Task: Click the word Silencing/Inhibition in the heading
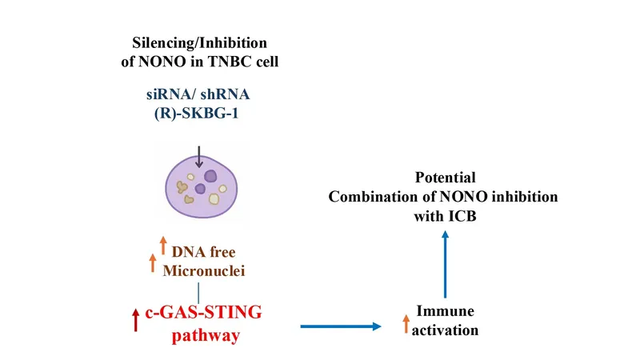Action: [x=199, y=43]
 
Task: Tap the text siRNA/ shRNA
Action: [x=198, y=94]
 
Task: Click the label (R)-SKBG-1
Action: [x=196, y=113]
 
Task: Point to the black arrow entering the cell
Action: [x=198, y=157]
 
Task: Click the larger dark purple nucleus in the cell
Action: [x=210, y=176]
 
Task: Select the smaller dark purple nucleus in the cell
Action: [x=200, y=189]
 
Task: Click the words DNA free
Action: [x=203, y=252]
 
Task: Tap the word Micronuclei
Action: [x=204, y=270]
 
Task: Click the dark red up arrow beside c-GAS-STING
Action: [x=136, y=320]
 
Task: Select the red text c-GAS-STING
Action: [x=203, y=312]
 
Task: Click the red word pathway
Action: [x=206, y=336]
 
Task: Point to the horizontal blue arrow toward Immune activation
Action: [x=341, y=326]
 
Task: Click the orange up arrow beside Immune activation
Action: [x=406, y=324]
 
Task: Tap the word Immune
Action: [x=445, y=311]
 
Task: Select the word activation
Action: [x=445, y=330]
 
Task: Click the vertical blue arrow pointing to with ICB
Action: [x=445, y=265]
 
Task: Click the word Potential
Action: [x=446, y=178]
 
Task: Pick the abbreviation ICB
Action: [x=462, y=216]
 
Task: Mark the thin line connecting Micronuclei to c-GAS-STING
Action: [x=198, y=293]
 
